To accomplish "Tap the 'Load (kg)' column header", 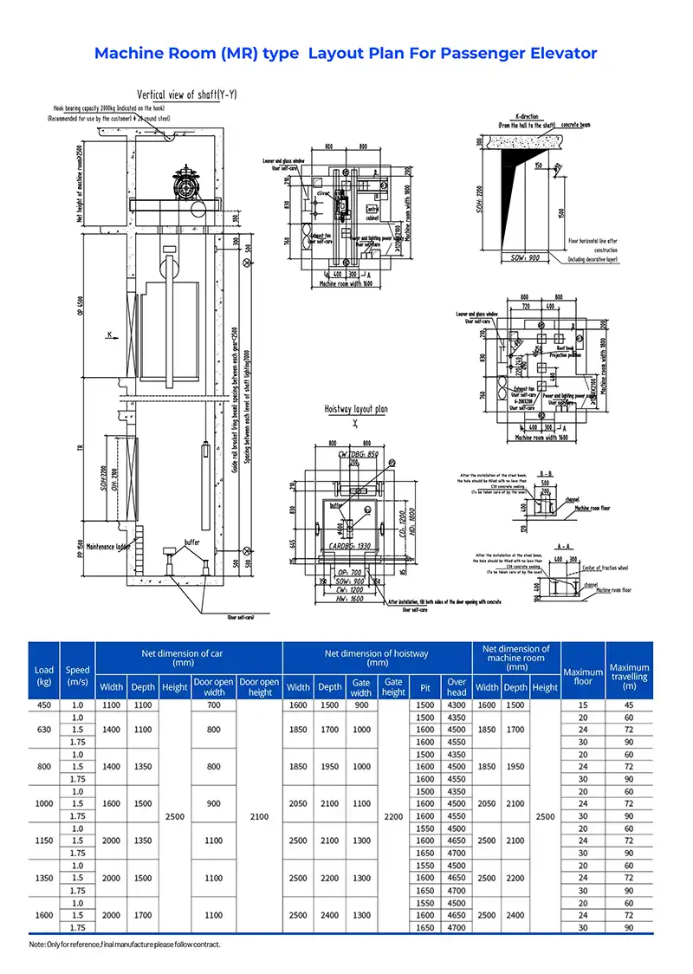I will coord(43,675).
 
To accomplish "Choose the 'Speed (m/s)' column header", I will coord(77,675).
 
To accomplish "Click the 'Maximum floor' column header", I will coord(583,676).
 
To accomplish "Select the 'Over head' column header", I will coord(457,686).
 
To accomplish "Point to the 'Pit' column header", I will coord(424,687).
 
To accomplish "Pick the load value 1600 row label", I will coord(43,915).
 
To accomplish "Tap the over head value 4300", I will coord(457,705).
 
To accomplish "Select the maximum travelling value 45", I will coord(629,705).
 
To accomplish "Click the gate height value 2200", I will coord(394,816).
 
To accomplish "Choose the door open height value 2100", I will coord(259,816).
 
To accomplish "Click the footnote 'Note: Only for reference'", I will coord(125,944).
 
